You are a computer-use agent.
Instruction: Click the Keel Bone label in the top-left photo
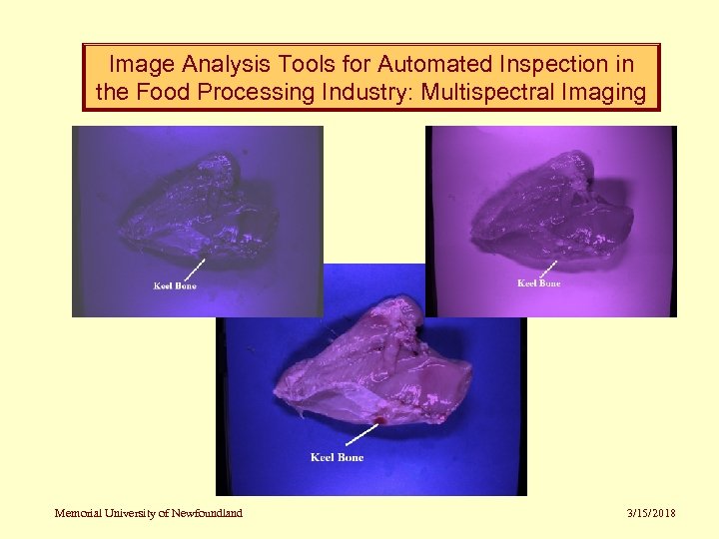pos(175,286)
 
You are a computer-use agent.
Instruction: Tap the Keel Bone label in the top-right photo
pos(538,283)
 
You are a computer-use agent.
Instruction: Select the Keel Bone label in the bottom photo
pos(337,457)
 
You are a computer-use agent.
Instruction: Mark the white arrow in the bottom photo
pos(359,433)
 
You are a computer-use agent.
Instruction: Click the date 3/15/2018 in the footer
pos(651,513)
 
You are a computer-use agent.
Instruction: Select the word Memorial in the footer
pos(77,513)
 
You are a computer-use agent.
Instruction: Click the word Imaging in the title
pos(607,93)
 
